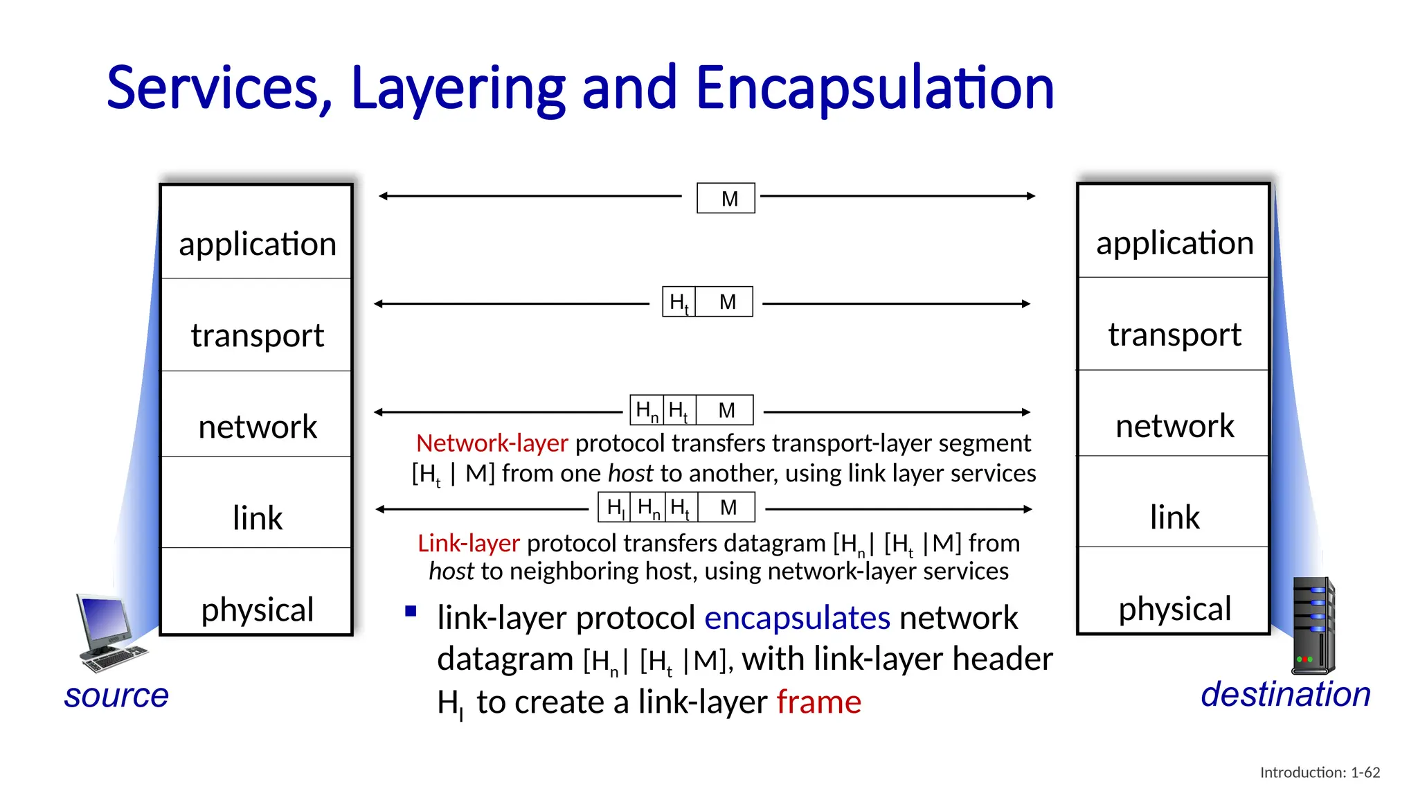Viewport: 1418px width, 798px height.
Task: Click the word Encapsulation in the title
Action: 874,89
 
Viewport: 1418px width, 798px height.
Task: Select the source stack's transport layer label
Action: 257,336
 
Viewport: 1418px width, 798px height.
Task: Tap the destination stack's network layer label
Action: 1174,426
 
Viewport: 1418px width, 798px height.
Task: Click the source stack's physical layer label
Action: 257,610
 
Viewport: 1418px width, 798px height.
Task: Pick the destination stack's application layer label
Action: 1174,243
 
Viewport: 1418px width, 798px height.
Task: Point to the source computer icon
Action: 109,632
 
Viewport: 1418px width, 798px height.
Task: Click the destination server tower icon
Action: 1313,626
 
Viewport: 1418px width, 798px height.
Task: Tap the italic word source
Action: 116,695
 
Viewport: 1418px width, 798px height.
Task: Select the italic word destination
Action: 1285,694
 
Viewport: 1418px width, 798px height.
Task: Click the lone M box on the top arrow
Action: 726,199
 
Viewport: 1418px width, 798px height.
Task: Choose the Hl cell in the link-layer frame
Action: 615,508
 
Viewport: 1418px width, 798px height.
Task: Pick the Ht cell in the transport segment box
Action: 679,302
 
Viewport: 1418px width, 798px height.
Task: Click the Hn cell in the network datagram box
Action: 647,410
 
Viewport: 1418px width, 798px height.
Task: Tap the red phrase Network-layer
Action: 492,443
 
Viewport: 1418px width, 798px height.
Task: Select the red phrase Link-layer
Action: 468,543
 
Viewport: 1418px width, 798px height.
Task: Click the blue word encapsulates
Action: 797,618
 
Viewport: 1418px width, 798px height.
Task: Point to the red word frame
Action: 818,702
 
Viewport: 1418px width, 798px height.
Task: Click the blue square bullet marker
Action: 411,611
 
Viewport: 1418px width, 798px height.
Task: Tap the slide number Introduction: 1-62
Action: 1320,772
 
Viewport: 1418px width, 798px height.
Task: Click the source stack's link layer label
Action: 257,518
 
